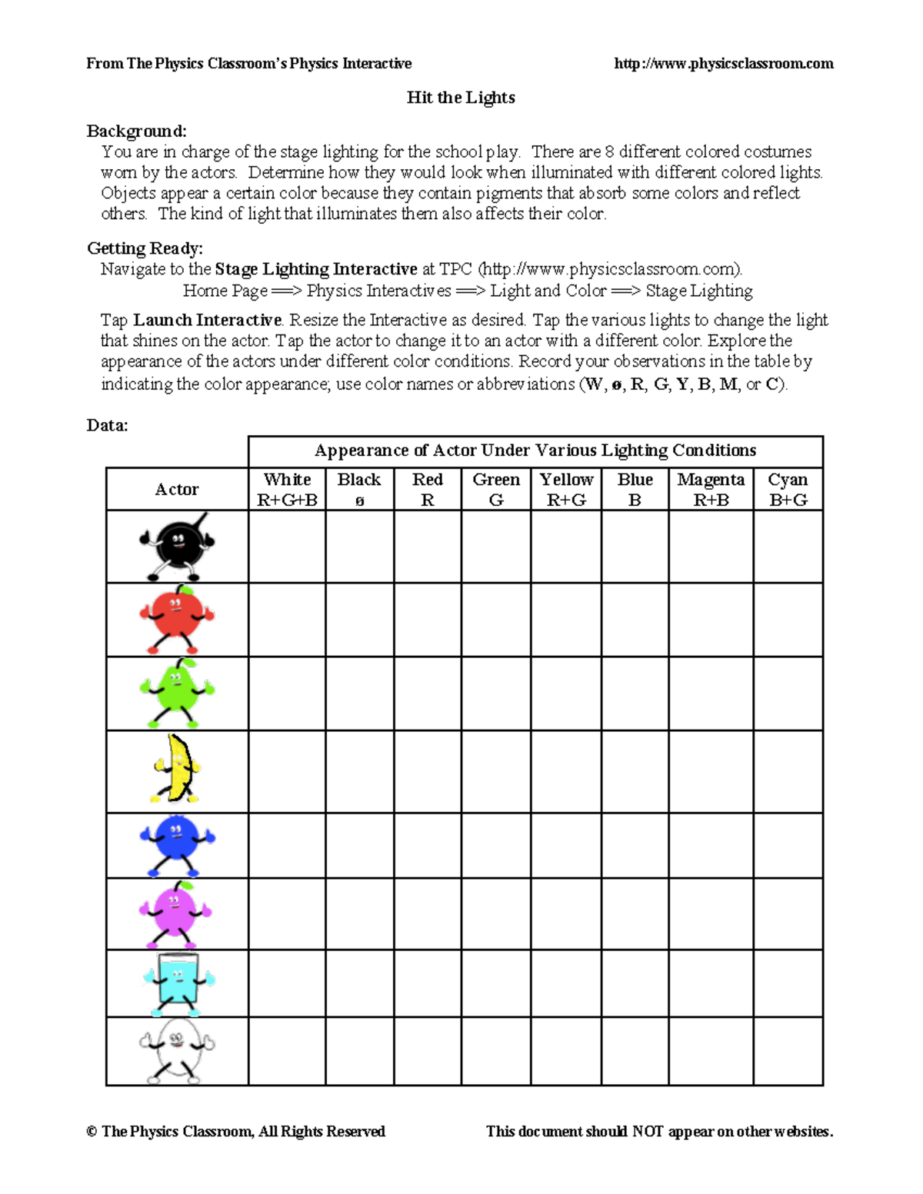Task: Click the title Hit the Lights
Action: pos(461,98)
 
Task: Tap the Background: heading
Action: pos(136,131)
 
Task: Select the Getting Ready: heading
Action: pos(145,248)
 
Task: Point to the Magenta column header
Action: pos(711,489)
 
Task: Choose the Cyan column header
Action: pos(788,489)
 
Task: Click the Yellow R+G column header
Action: pos(566,489)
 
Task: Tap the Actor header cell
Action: pos(177,490)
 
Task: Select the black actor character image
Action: pos(177,547)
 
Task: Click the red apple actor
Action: pos(177,619)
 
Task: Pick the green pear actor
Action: pos(177,693)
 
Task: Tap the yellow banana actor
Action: pos(177,770)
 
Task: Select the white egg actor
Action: pos(177,1051)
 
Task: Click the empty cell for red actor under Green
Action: pos(496,620)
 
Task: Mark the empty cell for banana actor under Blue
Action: pos(635,771)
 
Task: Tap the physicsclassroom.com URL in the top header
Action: pos(723,64)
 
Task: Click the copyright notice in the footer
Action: pos(235,1132)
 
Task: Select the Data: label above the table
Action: pos(107,426)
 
